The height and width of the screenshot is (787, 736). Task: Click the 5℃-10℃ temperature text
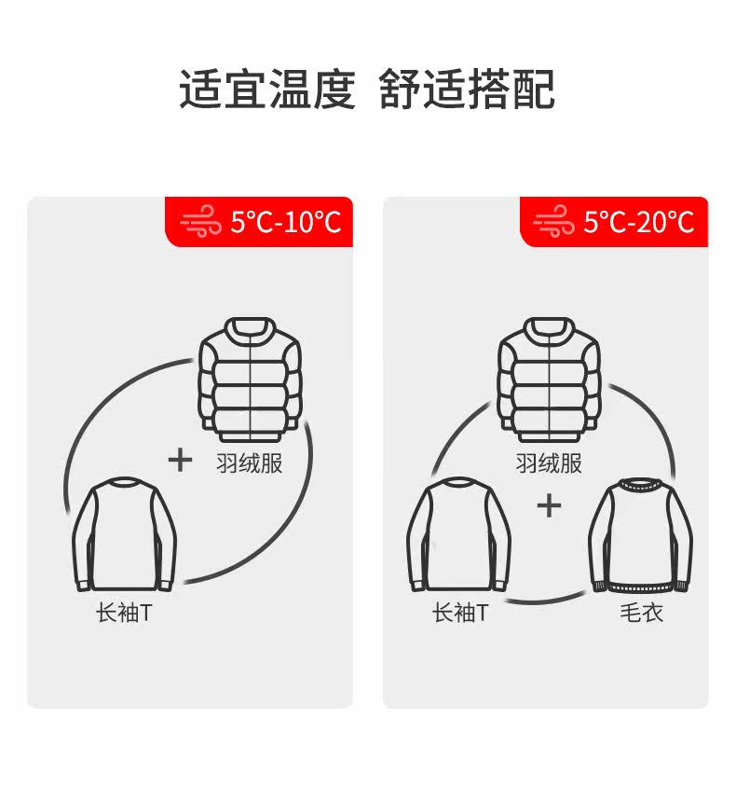286,222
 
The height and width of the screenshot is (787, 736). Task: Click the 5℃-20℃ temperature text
639,222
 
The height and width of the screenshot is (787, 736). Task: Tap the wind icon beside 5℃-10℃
201,223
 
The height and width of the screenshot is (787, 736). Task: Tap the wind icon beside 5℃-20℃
553,223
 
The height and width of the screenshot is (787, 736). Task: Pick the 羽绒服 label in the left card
249,463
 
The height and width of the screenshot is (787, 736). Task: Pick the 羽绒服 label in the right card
549,463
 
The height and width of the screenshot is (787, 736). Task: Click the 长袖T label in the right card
459,614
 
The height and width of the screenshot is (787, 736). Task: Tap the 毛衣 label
641,614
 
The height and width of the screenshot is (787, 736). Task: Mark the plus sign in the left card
180,459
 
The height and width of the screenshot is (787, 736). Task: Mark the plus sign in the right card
550,505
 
